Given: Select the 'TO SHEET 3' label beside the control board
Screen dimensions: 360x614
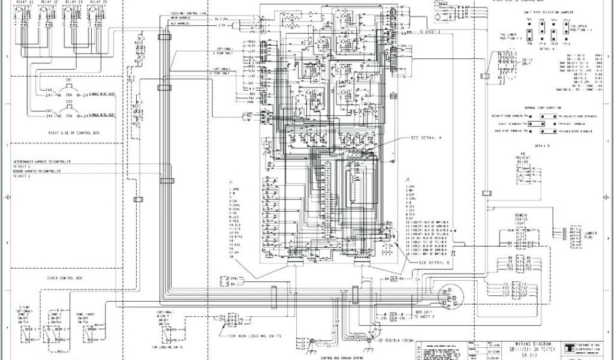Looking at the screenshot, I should click(x=428, y=32).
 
